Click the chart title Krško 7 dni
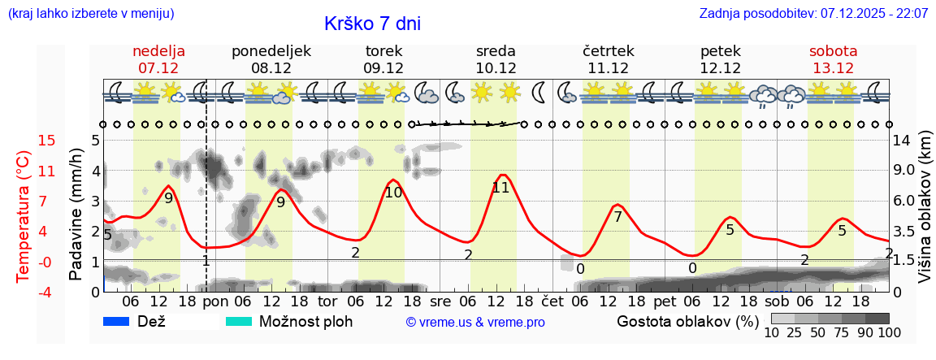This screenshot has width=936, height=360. pos(372,24)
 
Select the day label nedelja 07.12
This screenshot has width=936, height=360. pos(158,59)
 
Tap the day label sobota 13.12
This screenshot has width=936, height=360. pos(833,59)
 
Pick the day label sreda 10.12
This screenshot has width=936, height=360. pos(496,59)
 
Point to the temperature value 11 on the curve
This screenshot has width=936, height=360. pos(500,188)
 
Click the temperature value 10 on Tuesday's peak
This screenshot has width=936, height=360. pos(393,193)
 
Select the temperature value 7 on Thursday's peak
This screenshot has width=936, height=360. pos(617,217)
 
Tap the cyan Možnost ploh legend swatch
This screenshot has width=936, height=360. pos(239,321)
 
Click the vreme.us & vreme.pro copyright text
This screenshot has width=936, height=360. pos(475,322)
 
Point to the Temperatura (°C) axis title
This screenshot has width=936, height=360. pos(24,215)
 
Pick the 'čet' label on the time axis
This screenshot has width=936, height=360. pos(552,301)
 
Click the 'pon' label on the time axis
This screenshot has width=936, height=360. pos(215,301)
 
